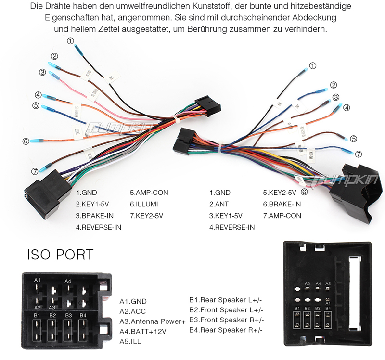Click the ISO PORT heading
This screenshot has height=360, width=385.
point(60,254)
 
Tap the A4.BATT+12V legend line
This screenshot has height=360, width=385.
point(143,332)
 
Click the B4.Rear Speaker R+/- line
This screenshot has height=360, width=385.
point(227,330)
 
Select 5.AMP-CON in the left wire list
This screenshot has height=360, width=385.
point(149,193)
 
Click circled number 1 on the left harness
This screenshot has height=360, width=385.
point(71,41)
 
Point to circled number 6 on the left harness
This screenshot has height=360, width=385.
point(26,141)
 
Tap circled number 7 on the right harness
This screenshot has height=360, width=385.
point(358,154)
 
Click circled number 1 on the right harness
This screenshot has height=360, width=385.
point(313,66)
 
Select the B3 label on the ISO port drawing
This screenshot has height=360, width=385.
point(68,315)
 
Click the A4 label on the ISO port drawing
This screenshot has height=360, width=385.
point(68,281)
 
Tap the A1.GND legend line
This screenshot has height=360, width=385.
point(133,301)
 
